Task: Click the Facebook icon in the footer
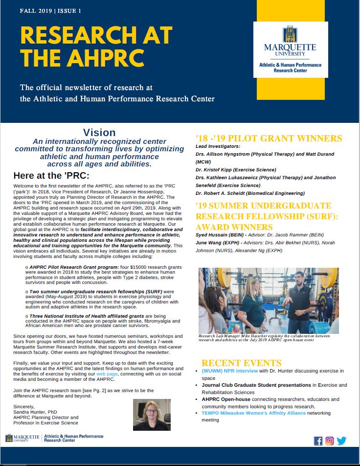coord(318,441)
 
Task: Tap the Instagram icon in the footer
coord(330,441)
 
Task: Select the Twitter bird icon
coord(341,441)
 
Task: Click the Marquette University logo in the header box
coord(290,48)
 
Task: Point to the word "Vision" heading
coord(99,133)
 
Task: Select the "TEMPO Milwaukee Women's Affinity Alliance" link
coord(253,413)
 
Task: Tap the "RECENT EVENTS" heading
coord(241,363)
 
